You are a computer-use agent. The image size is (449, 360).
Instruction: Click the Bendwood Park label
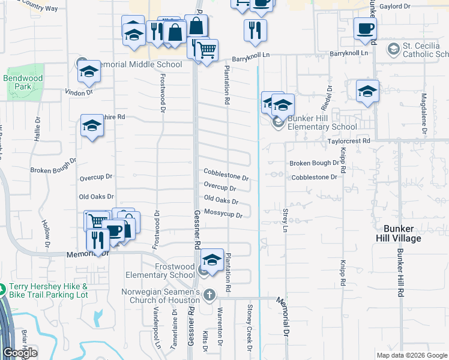point(23,82)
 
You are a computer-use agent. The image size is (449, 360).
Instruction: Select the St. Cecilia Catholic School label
point(425,50)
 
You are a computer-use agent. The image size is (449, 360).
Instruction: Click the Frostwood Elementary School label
point(160,271)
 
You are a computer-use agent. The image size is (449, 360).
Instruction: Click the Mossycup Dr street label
point(223,214)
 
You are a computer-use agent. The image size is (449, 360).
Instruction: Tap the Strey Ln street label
point(285,220)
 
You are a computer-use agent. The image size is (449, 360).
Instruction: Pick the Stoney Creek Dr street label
point(249,328)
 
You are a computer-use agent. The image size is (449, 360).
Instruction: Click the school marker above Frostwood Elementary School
point(212,260)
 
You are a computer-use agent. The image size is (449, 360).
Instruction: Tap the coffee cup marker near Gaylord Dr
point(365,28)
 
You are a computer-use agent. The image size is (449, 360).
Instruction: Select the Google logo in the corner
point(20,353)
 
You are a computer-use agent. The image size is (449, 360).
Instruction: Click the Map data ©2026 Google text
point(412,355)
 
